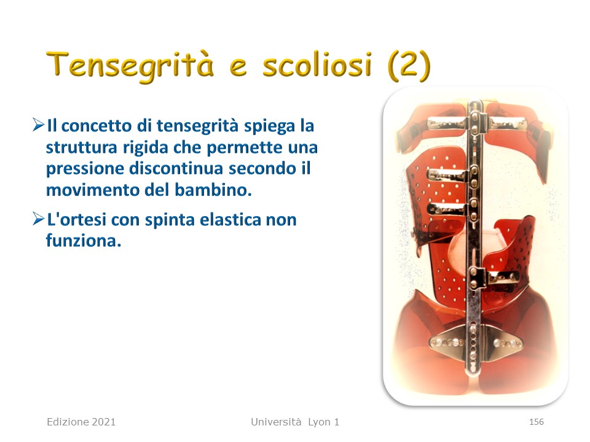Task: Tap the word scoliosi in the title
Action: coord(317,64)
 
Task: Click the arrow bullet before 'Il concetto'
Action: coord(38,125)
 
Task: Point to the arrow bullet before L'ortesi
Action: coord(38,219)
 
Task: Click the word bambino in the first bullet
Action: coord(213,190)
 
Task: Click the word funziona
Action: coord(84,241)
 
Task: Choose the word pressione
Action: coord(85,169)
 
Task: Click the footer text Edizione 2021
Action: coord(81,422)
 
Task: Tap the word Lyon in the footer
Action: coord(320,422)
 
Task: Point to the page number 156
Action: coord(536,422)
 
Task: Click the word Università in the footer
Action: coord(276,422)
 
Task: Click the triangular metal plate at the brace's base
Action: coord(476,343)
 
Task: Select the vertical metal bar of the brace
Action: coord(474,237)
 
